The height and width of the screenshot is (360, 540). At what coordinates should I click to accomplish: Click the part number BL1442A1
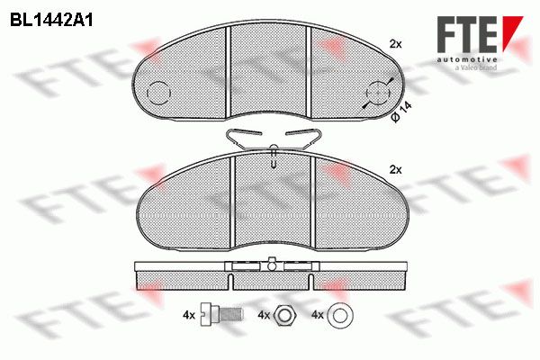51,21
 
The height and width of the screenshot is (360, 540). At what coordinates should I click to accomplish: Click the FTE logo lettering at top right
468,34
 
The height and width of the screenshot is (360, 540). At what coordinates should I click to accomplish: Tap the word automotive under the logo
467,59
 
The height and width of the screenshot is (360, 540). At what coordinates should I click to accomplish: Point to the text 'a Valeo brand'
476,67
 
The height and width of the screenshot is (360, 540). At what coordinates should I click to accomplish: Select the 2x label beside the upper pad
395,44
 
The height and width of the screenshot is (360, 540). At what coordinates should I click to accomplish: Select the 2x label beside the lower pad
395,170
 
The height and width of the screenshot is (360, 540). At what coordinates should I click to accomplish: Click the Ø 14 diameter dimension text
400,112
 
